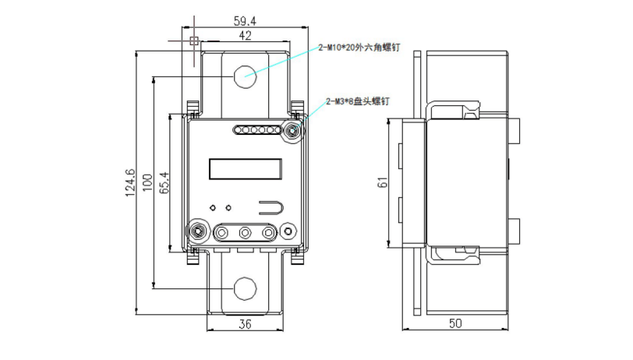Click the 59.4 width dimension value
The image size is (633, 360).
[x=245, y=20]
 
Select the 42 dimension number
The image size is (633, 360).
[x=245, y=36]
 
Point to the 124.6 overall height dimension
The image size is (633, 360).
[x=130, y=183]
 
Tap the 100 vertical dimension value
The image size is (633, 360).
[x=148, y=183]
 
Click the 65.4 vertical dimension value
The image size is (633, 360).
[x=164, y=183]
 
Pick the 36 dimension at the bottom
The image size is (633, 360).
[x=245, y=324]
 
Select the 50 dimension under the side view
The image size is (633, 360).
[x=455, y=323]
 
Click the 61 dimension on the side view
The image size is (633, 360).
[x=382, y=182]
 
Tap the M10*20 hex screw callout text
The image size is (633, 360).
[x=359, y=48]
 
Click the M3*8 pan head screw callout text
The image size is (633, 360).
[x=358, y=101]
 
